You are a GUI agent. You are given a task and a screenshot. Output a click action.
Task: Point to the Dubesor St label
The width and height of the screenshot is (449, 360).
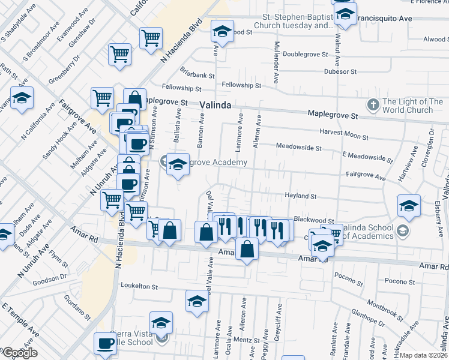tap(340, 71)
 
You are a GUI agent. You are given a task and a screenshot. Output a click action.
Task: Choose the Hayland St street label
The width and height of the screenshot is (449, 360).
tap(300, 196)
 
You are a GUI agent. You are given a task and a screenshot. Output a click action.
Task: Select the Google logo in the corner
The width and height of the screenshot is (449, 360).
tap(19, 353)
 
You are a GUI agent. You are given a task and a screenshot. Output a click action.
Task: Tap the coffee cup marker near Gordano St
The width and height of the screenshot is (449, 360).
tap(106, 344)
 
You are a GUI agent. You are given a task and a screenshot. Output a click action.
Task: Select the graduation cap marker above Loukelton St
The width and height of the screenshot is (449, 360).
tap(196, 301)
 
